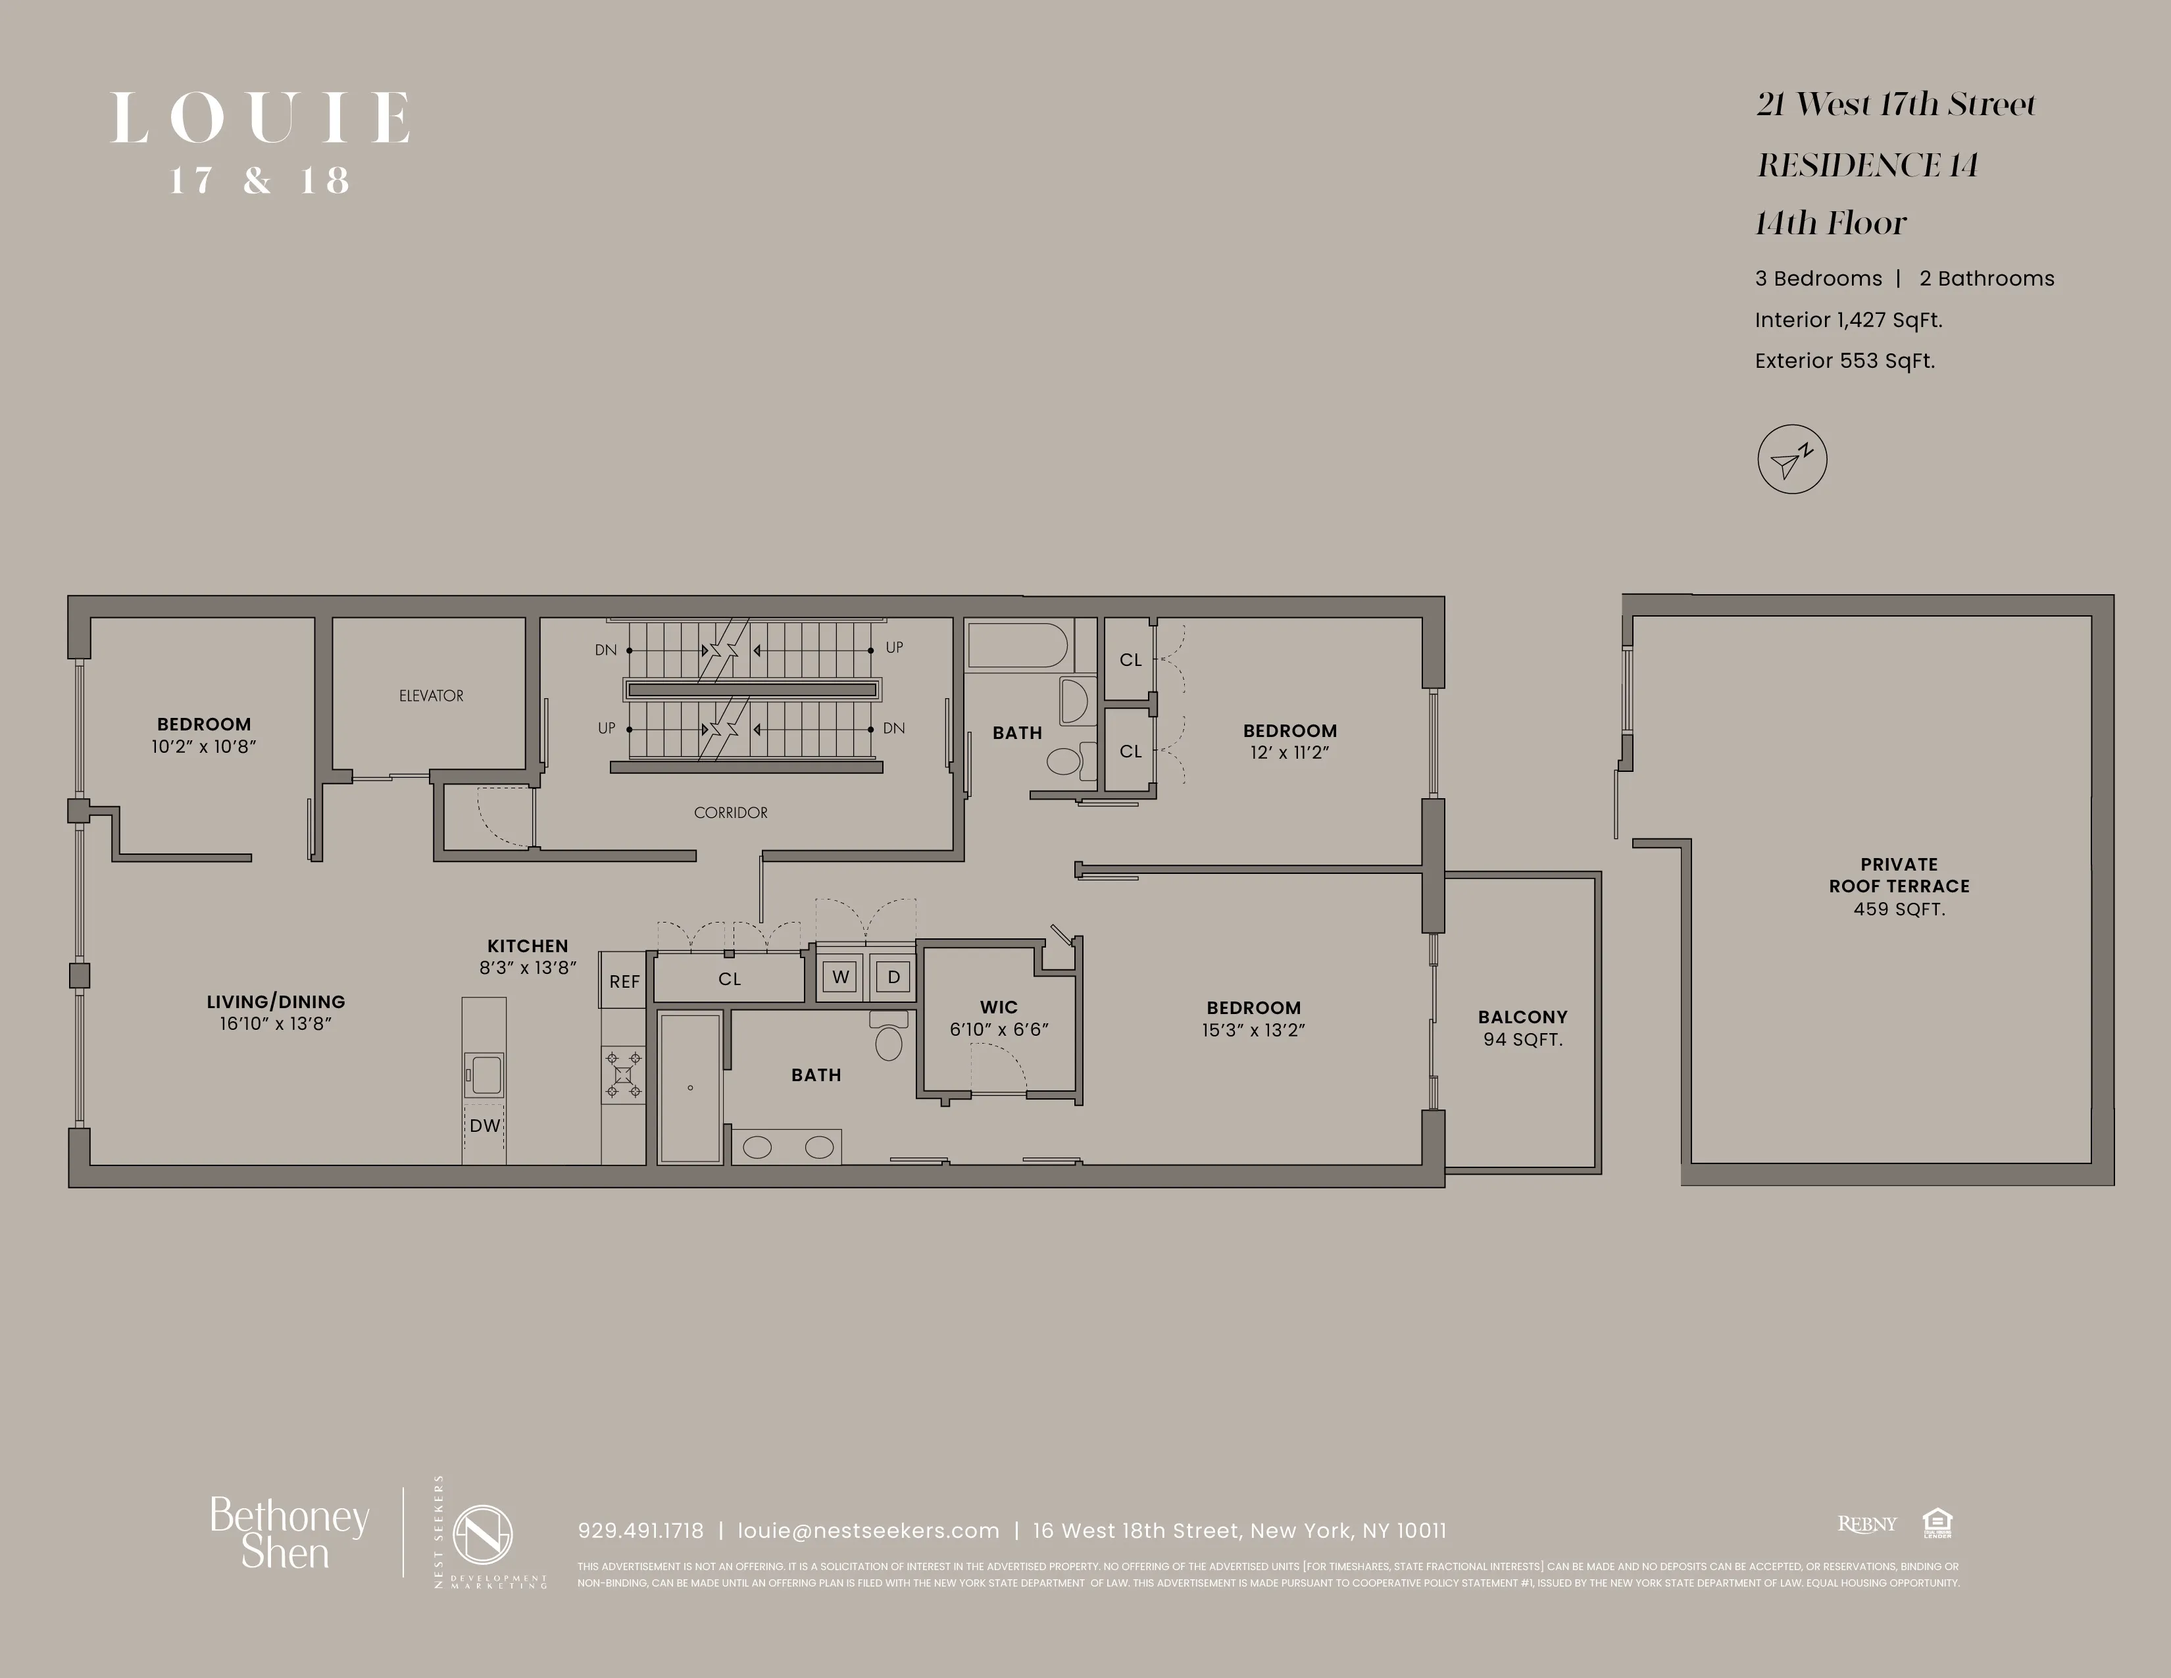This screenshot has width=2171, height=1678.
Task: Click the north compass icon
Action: pos(1791,459)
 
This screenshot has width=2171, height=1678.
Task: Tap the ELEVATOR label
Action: pos(432,696)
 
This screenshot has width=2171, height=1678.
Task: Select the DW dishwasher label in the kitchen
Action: pos(485,1125)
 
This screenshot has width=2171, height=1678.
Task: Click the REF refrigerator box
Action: pos(624,981)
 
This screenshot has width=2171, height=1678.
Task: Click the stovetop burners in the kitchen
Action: pos(623,1075)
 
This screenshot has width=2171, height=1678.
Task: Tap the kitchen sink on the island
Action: pos(486,1075)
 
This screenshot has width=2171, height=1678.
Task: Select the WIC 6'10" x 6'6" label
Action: pos(999,1018)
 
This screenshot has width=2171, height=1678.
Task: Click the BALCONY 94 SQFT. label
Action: pos(1522,1028)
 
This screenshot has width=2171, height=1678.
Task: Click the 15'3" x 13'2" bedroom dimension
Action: pos(1253,1030)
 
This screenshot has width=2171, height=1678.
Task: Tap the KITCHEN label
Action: pos(528,946)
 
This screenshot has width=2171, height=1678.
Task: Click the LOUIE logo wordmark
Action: pos(261,118)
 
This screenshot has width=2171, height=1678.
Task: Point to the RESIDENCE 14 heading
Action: pos(1867,165)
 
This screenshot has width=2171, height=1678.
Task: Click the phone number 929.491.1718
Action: pos(640,1531)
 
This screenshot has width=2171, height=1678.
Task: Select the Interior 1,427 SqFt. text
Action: pos(1848,320)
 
